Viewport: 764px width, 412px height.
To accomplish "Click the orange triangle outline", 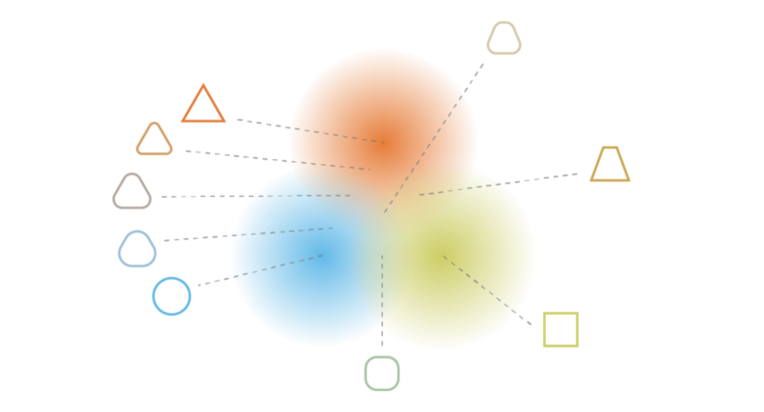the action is [203, 105].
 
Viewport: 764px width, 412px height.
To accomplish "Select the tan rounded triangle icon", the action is [154, 140].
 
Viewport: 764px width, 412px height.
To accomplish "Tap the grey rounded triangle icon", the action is [132, 191].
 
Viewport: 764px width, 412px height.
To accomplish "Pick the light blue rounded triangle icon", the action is [137, 249].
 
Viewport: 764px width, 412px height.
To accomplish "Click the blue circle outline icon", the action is [172, 295].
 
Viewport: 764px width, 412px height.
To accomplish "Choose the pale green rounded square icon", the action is [382, 373].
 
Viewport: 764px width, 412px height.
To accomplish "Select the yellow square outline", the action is [560, 329].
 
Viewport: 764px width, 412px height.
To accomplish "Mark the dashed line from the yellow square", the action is [487, 289].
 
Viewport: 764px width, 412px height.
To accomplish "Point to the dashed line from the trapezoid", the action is [502, 183].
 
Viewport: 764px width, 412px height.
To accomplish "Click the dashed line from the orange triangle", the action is [309, 131].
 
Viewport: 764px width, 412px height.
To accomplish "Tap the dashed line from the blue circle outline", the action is [260, 270].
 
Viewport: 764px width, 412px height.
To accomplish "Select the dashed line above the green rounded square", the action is [382, 299].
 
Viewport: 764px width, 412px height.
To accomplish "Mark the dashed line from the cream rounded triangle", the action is [434, 135].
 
